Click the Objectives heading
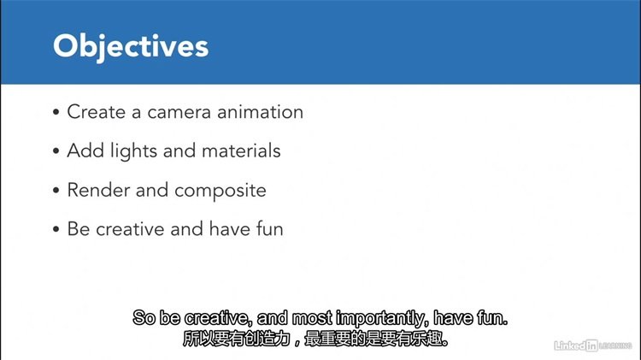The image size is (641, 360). point(131,47)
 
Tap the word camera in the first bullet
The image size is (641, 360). point(179,112)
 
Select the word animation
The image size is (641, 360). point(261,112)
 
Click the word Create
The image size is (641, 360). point(96,112)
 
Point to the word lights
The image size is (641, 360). point(133,151)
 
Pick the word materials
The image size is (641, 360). point(241,150)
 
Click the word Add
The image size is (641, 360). point(85,150)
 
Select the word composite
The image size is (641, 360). point(221,191)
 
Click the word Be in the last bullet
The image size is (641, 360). point(78,228)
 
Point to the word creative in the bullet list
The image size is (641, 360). point(130,228)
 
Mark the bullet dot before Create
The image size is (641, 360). point(56,112)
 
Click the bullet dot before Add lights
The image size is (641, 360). point(56,151)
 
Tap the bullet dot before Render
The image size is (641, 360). point(56,190)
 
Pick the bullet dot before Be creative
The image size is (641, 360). point(56,229)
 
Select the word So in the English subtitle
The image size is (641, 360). point(144,318)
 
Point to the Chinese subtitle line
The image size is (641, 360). point(315,339)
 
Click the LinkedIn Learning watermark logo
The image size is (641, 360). point(593,345)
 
